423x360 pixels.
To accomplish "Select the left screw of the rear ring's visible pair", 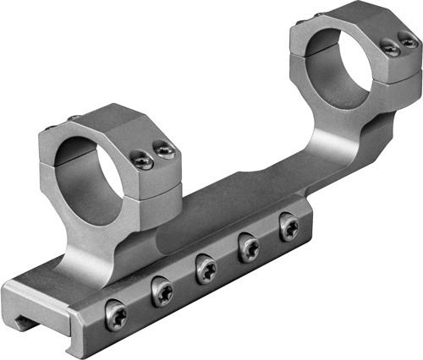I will [391, 50].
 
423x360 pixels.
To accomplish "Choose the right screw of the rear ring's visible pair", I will [409, 41].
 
